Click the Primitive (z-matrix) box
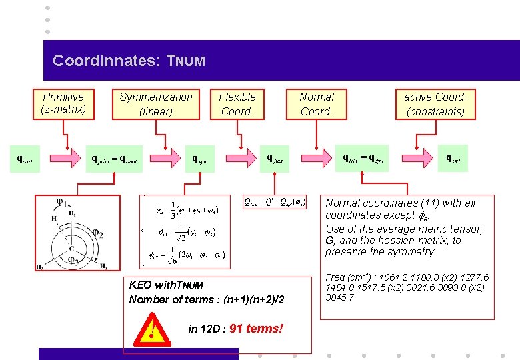(x=63, y=104)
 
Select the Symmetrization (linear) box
(x=155, y=104)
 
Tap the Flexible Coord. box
(x=237, y=104)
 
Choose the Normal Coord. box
(x=317, y=104)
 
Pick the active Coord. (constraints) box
(x=435, y=104)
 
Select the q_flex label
(x=275, y=159)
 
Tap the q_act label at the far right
(x=453, y=159)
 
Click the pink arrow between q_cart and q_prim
(x=65, y=159)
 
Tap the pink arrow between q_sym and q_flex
(x=239, y=159)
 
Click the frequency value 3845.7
(x=340, y=297)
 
